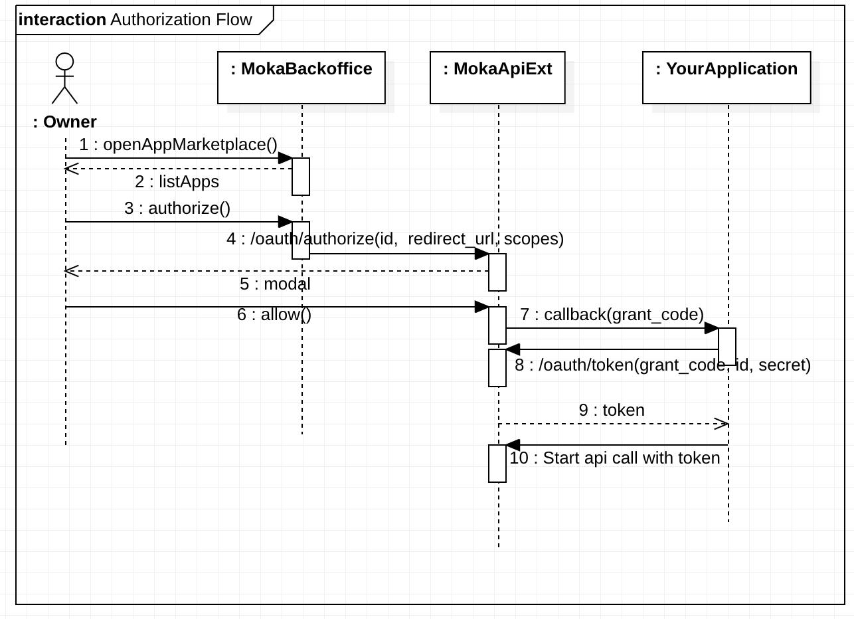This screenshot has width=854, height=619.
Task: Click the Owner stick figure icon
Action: (64, 79)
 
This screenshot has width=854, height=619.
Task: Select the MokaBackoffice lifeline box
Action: (301, 78)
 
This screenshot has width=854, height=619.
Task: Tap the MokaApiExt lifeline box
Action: (497, 78)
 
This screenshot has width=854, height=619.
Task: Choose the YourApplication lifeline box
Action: (726, 78)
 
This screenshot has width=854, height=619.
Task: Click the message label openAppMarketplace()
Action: (178, 145)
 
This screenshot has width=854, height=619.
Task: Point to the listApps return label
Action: (177, 181)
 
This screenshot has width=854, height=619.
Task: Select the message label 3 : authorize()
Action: (177, 208)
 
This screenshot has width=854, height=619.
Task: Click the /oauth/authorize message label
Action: (394, 238)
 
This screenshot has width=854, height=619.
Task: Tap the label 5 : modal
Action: (275, 284)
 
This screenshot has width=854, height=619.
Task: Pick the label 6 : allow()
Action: (274, 314)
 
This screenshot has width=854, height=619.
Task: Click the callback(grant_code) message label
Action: (612, 314)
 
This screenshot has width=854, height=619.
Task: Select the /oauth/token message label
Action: (662, 365)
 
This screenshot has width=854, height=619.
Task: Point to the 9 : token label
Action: (612, 410)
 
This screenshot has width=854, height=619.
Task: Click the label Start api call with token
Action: (614, 458)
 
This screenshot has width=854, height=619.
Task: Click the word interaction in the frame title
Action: (62, 19)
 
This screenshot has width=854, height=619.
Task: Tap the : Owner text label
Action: (65, 122)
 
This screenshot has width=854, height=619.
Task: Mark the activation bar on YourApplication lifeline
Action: (727, 346)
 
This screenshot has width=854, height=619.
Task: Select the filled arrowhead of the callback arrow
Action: (711, 328)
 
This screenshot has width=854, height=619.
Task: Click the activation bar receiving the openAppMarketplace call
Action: (301, 177)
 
